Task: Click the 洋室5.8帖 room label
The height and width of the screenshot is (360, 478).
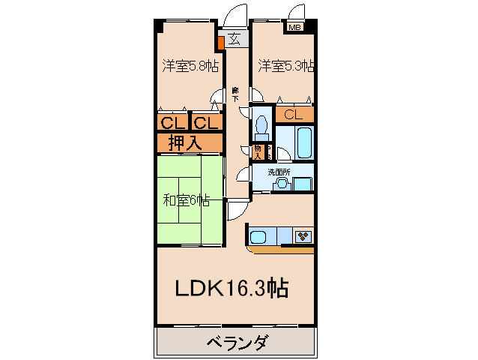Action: [190, 66]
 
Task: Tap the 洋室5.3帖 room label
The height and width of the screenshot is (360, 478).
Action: [285, 66]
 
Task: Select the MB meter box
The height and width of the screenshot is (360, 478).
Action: [296, 28]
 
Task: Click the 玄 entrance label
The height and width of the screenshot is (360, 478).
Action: [235, 39]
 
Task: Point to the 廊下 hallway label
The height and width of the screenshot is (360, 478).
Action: [235, 94]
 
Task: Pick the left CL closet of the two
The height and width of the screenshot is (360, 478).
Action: [173, 122]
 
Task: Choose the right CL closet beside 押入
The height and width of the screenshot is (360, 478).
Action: [208, 122]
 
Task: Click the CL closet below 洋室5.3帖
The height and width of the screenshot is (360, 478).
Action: [294, 115]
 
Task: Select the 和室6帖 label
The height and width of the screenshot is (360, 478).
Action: [186, 200]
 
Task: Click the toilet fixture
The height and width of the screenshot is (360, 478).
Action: [261, 124]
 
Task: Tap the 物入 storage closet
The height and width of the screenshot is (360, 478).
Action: [258, 152]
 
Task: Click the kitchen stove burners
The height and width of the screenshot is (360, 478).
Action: [303, 237]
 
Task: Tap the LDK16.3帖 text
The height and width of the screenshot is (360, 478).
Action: [232, 288]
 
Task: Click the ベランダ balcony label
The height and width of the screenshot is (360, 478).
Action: [236, 343]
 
